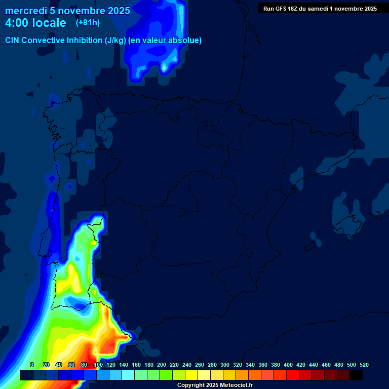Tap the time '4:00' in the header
click(x=18, y=23)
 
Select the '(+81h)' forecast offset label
click(x=87, y=23)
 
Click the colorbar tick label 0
click(x=32, y=365)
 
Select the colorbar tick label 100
click(x=98, y=365)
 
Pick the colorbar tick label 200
click(x=162, y=365)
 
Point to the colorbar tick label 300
click(x=225, y=365)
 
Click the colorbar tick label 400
click(x=288, y=365)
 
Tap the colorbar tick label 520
click(x=364, y=365)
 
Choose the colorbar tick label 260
click(x=200, y=365)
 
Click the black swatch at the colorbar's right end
click(x=356, y=375)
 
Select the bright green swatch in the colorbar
click(x=166, y=375)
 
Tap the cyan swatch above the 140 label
click(x=128, y=375)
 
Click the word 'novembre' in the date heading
click(x=83, y=11)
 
